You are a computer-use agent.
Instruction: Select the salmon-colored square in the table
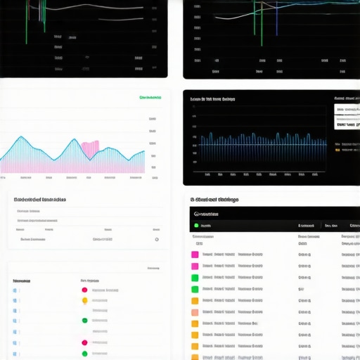pos(195,312)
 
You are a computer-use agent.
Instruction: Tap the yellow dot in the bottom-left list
pos(84,301)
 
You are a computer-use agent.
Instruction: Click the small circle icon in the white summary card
pos(156,239)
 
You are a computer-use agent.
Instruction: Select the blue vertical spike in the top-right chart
pos(276,18)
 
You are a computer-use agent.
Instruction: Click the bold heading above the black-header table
pos(216,200)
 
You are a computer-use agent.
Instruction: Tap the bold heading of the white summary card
pos(40,200)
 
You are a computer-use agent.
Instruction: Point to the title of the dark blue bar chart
pos(212,99)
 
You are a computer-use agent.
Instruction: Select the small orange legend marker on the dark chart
pos(337,149)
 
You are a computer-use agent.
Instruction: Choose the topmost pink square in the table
pos(195,266)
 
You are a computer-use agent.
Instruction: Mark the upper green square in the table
pos(195,278)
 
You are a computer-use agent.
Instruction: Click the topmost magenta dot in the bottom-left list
pos(84,290)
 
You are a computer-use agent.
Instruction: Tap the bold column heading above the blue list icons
pos(21,281)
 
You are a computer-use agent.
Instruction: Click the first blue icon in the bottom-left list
pos(15,290)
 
